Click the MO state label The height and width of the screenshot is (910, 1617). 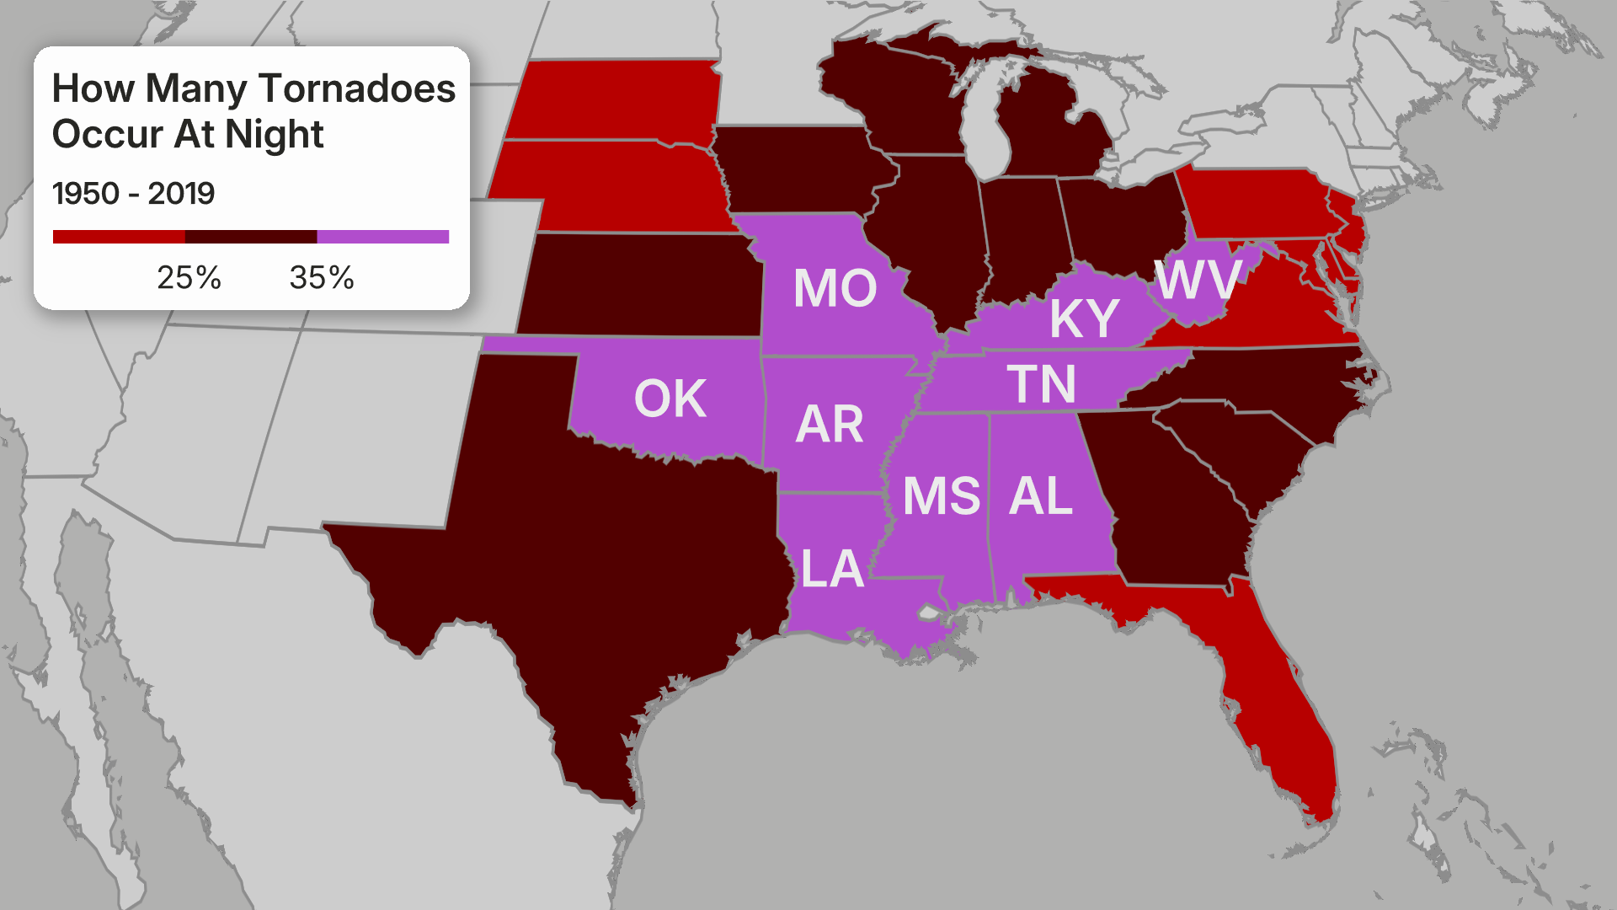tap(835, 288)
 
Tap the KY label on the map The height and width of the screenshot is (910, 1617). tap(1084, 318)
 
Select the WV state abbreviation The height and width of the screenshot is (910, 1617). tap(1198, 280)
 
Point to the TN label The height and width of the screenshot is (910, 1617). tap(1041, 384)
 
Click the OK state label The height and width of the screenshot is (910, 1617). tap(670, 399)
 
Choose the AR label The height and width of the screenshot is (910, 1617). tap(830, 424)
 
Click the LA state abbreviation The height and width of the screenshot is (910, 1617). tap(832, 569)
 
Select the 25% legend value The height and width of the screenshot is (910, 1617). tap(189, 277)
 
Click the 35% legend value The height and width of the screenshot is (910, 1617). tap(322, 277)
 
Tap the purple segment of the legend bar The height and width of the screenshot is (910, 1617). tap(383, 237)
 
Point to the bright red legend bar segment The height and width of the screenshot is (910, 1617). tap(119, 237)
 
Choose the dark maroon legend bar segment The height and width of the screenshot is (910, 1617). tap(251, 237)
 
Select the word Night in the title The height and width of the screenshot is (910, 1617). tap(274, 135)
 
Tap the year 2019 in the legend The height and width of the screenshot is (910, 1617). tap(181, 194)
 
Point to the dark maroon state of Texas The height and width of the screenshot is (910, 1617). tap(590, 573)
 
